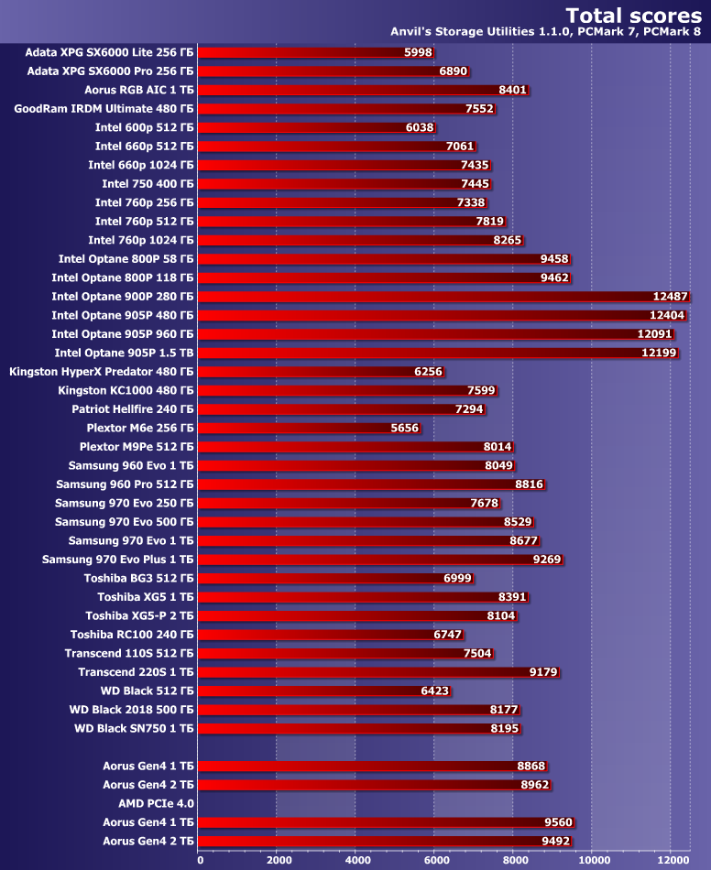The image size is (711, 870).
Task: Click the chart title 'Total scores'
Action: (x=633, y=15)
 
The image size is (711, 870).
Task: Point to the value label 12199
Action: (x=659, y=353)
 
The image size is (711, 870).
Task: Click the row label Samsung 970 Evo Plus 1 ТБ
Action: (x=118, y=559)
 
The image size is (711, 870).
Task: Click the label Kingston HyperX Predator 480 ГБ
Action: (x=101, y=371)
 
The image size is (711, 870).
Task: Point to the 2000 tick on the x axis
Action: (x=277, y=860)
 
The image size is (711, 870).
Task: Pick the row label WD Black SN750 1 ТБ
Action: (x=134, y=728)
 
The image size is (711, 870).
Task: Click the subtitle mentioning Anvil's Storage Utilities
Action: (x=546, y=33)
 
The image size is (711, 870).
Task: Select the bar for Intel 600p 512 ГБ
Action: (x=317, y=127)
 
